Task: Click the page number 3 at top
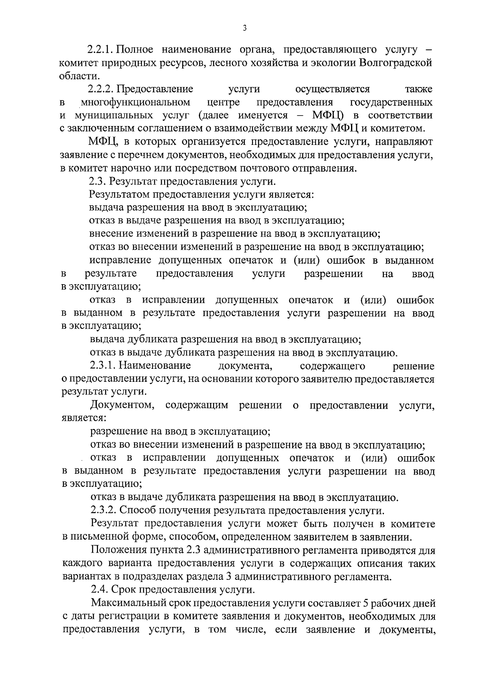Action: point(244,28)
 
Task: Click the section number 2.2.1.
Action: point(101,50)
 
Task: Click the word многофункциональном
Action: point(135,102)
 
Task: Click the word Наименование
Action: point(155,366)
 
